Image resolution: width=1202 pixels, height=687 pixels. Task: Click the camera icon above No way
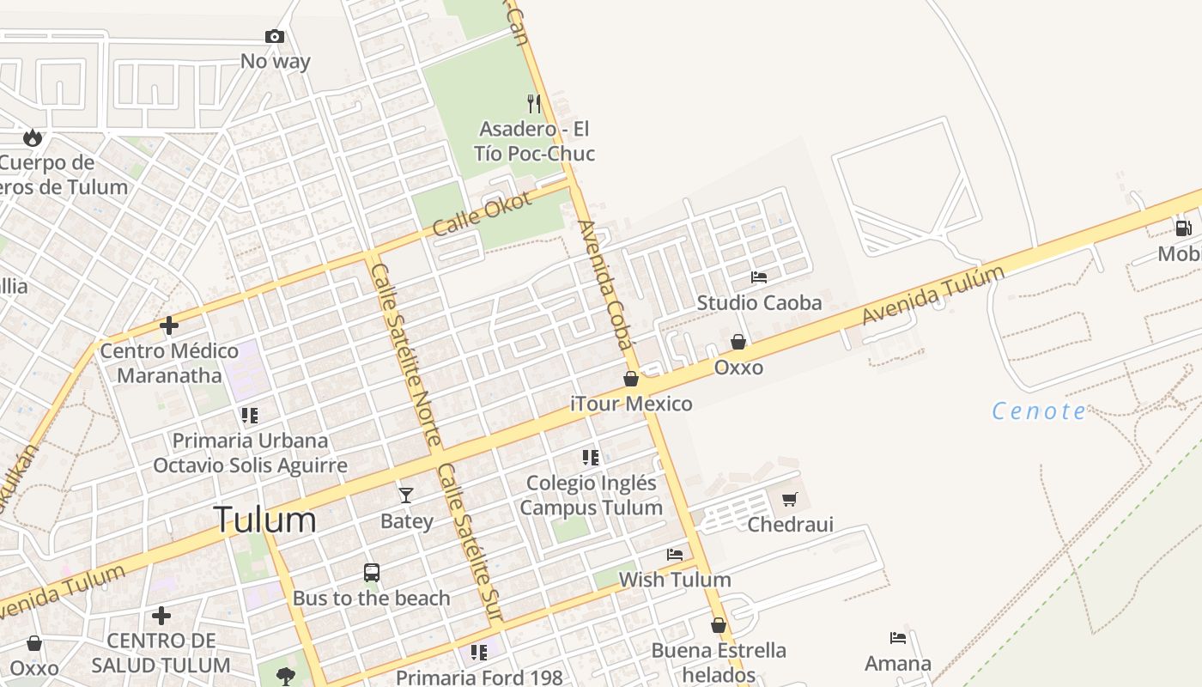[275, 36]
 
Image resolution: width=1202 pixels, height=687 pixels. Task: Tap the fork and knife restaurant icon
[534, 104]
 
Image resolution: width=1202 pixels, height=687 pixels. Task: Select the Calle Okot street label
[482, 213]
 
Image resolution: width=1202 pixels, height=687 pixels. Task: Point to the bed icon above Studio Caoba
[759, 277]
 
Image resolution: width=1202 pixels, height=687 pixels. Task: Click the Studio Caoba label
[759, 302]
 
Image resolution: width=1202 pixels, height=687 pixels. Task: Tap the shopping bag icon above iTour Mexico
[631, 379]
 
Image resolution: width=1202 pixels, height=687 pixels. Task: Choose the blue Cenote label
[1039, 411]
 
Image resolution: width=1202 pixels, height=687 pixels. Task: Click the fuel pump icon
[1183, 228]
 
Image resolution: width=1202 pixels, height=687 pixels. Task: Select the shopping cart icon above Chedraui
[790, 499]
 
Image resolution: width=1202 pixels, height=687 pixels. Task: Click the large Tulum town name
[264, 520]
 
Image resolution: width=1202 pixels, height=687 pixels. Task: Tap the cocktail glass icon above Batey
[406, 495]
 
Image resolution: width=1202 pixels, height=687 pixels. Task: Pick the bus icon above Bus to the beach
[372, 573]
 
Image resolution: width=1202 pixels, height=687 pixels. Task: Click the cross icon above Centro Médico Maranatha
[169, 325]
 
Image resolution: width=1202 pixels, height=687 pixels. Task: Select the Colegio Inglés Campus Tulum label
[591, 495]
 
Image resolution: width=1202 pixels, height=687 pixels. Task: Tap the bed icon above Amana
[898, 638]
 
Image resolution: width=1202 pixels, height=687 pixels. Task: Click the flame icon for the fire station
[33, 137]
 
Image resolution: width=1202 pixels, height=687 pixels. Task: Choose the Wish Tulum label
[675, 580]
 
